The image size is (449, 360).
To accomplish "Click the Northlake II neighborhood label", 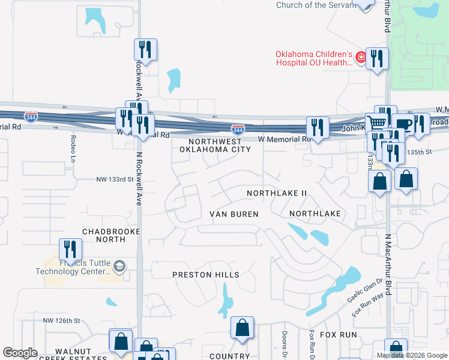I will pos(277,193).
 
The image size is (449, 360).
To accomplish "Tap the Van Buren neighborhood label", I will pos(234,214).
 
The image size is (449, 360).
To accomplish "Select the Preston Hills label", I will pos(206,275).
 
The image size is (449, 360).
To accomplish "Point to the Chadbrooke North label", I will pos(111,235).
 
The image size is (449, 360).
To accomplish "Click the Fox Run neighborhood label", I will pos(337,334).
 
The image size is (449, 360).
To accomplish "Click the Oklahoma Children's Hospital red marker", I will pos(361,58).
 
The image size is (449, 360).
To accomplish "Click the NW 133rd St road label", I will pos(114,179).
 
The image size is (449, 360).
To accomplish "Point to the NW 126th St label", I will pos(62,320).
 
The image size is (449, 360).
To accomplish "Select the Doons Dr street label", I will pos(284,343).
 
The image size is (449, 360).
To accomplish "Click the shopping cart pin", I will pos(376,122).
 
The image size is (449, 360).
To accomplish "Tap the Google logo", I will pos(20,352).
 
